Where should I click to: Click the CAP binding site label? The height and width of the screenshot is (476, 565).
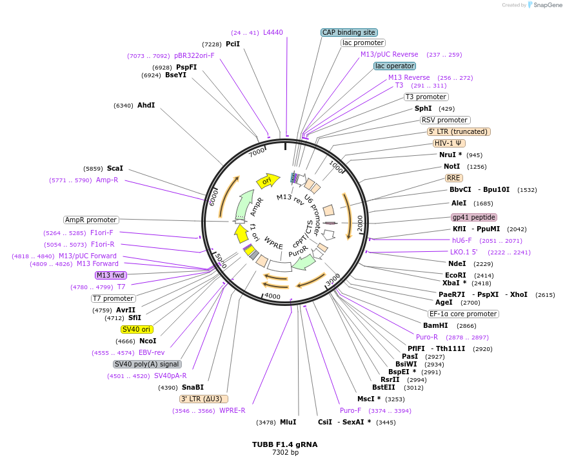click(x=349, y=32)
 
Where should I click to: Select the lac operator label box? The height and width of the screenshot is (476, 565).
click(x=395, y=66)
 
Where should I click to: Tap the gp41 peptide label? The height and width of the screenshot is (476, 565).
click(x=474, y=217)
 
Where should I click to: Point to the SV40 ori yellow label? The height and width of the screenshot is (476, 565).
click(x=137, y=329)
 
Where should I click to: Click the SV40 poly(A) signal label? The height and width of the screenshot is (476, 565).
click(x=147, y=364)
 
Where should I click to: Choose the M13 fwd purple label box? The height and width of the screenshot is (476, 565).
click(x=111, y=275)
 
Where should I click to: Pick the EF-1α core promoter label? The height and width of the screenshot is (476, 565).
click(x=463, y=314)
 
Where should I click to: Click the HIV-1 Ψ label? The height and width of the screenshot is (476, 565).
click(x=449, y=143)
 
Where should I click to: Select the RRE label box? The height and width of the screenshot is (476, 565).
click(x=453, y=178)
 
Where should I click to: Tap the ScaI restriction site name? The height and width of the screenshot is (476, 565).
click(x=115, y=168)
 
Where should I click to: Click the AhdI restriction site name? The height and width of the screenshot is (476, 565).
click(x=146, y=105)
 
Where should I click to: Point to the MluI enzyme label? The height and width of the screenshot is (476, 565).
click(x=288, y=422)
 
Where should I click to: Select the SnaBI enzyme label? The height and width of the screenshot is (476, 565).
click(x=192, y=387)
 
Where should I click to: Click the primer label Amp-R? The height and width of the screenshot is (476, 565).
click(x=107, y=180)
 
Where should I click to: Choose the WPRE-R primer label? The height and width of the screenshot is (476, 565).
click(x=232, y=410)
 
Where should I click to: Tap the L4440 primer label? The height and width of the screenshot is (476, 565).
click(x=273, y=32)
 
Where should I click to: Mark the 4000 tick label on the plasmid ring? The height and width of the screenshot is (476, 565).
click(x=272, y=296)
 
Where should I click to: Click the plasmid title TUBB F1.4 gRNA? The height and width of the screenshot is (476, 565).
click(x=284, y=444)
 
